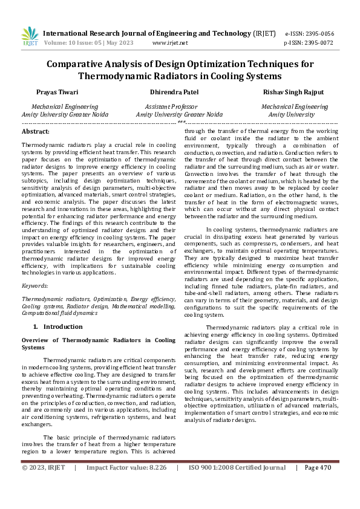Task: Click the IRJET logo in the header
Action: [x=29, y=36]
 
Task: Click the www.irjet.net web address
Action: [x=170, y=43]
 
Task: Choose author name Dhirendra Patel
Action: [x=179, y=92]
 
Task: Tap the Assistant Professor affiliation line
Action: [x=179, y=106]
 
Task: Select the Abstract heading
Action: [x=36, y=131]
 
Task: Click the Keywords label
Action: [x=36, y=285]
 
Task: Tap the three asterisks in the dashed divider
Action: [x=180, y=122]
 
